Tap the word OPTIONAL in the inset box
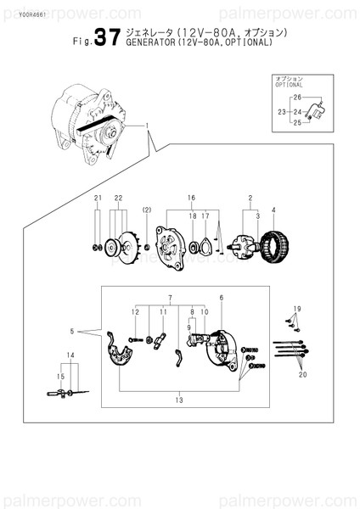pyautogui.click(x=289, y=86)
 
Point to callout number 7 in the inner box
pyautogui.click(x=171, y=298)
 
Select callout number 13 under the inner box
pyautogui.click(x=178, y=399)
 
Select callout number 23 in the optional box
pyautogui.click(x=281, y=111)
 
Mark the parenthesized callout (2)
pyautogui.click(x=147, y=210)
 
